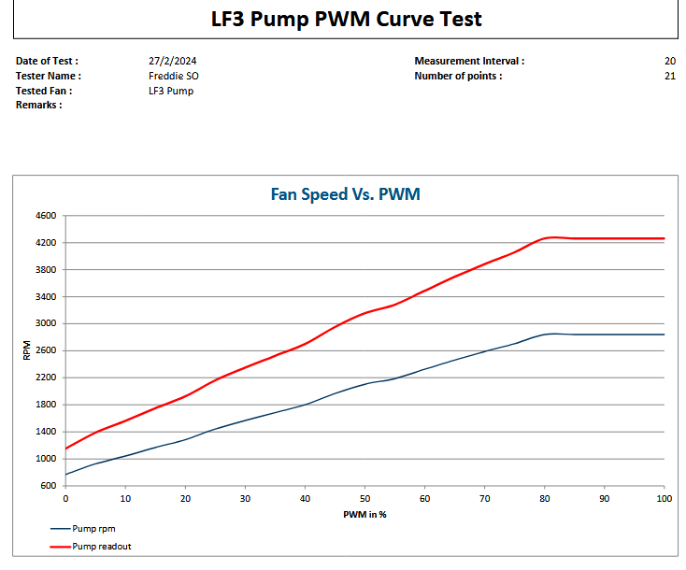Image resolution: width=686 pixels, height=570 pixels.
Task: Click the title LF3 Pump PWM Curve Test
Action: coord(346,19)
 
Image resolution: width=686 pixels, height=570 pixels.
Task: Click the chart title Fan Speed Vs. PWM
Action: coord(345,194)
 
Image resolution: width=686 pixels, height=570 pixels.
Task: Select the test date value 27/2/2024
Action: coord(174,61)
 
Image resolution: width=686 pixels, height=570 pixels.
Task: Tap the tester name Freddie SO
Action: coord(174,76)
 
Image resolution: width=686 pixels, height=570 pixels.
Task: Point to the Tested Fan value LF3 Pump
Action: coord(171,91)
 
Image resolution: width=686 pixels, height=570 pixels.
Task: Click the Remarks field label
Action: coord(38,106)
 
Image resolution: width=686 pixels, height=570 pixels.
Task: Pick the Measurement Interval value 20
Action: coord(669,61)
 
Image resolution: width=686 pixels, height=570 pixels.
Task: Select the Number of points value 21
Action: coord(669,76)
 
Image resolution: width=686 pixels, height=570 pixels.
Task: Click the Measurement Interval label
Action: coord(469,61)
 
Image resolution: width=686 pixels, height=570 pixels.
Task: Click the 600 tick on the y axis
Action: coord(49,486)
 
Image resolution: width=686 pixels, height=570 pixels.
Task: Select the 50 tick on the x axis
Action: coord(364,499)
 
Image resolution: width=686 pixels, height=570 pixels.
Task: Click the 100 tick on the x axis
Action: coord(664,499)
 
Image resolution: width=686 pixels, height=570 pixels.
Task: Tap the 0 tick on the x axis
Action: coord(65,499)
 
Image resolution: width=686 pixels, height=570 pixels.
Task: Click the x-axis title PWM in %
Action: coord(364,515)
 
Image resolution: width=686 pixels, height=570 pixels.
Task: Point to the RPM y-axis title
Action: coord(26,350)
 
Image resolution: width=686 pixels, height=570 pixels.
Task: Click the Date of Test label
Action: coord(47,61)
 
